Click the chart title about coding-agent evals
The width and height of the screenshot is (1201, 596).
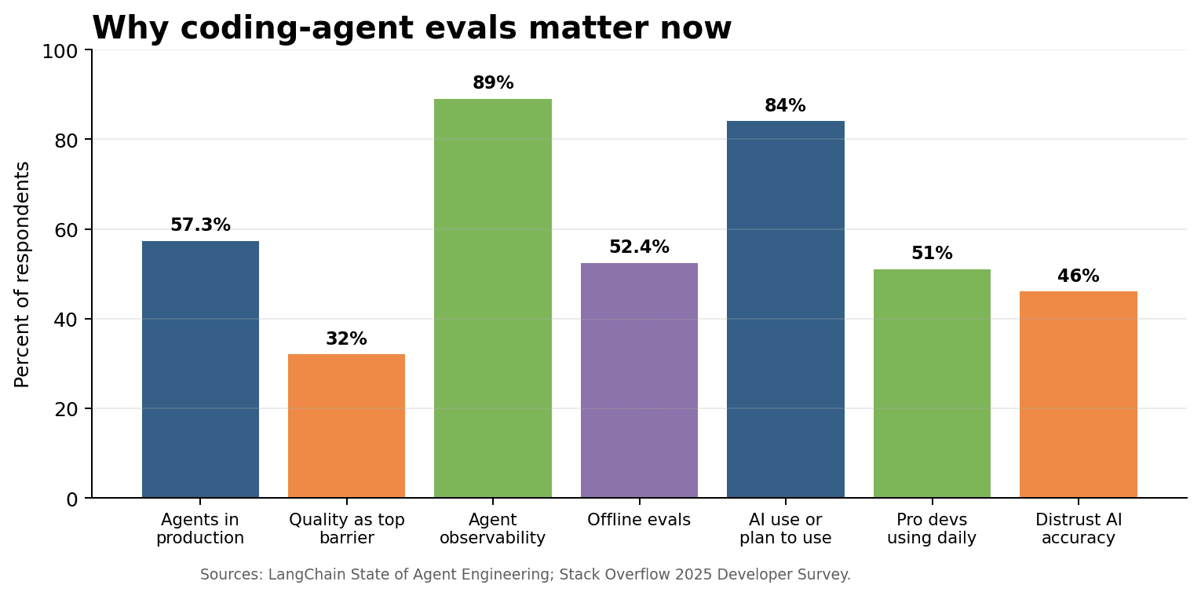tap(411, 29)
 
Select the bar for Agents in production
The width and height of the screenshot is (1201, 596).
tap(200, 369)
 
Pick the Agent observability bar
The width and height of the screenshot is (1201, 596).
tap(493, 298)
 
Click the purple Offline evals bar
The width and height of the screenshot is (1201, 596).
tap(639, 380)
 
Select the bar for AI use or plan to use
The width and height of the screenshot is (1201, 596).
tap(785, 309)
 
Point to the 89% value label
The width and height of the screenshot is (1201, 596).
tap(493, 83)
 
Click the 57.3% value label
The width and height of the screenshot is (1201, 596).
tap(200, 225)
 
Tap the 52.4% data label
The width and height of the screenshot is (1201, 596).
tap(639, 247)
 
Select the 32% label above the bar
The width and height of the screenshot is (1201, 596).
tap(346, 339)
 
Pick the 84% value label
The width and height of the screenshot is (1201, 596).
tap(785, 106)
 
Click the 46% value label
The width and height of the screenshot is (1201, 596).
tap(1078, 276)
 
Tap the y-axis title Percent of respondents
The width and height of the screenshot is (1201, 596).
tap(23, 274)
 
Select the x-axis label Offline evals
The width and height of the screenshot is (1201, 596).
tap(639, 520)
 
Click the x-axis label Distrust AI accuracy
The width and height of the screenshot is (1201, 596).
tap(1078, 528)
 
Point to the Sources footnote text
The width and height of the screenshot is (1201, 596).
tap(525, 575)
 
